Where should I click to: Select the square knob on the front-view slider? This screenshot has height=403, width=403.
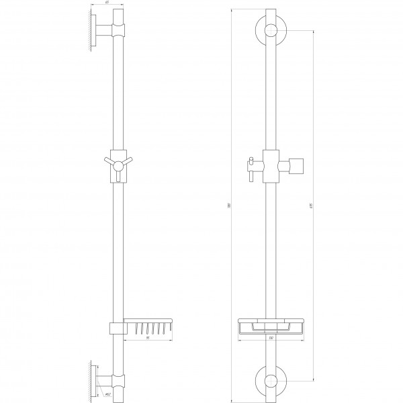click(296, 165)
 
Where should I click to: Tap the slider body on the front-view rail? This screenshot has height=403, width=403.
click(271, 165)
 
